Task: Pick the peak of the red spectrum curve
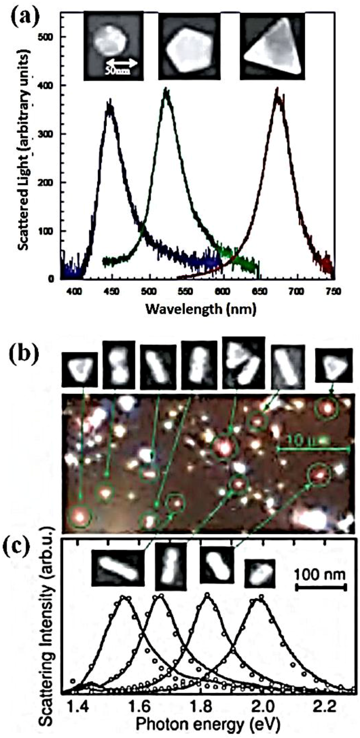[277, 92]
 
